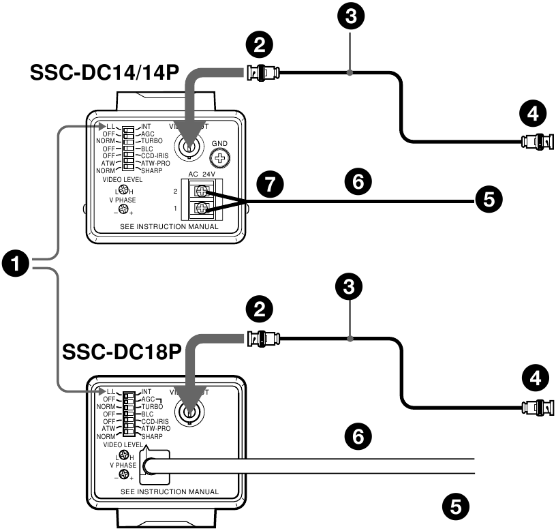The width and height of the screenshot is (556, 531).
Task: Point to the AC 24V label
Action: pos(201,174)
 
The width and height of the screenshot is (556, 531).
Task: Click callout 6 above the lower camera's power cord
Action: pos(358,434)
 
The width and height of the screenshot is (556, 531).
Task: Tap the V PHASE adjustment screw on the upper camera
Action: pos(123,209)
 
